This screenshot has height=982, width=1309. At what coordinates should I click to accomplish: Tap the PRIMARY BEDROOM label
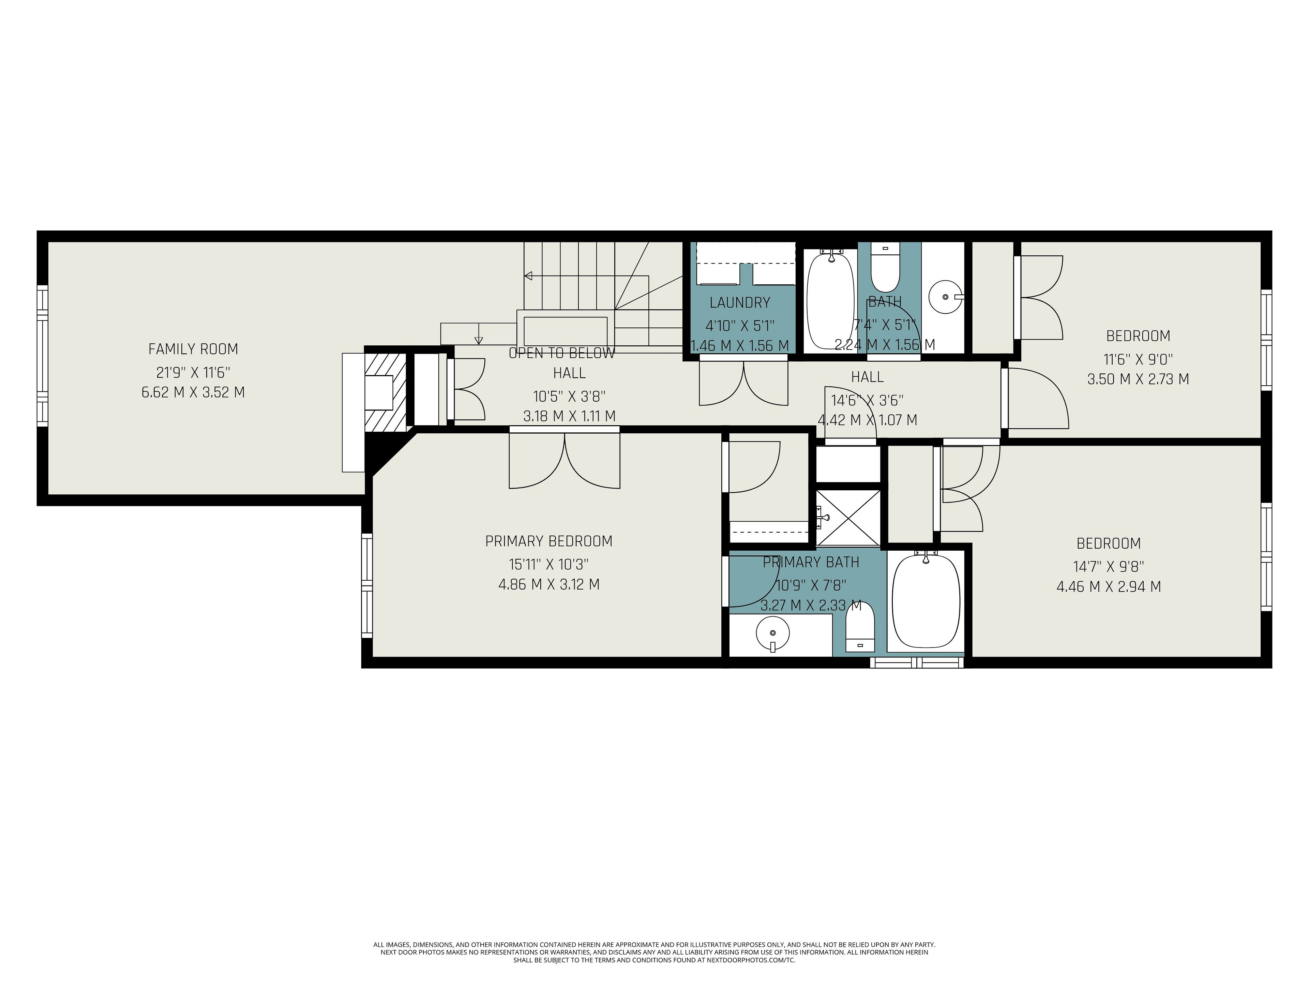tap(548, 541)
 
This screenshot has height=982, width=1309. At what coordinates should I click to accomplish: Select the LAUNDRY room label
tap(740, 302)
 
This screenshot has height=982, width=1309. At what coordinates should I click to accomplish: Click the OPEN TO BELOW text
tap(561, 353)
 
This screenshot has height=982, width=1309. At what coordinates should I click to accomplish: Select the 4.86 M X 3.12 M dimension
tap(548, 584)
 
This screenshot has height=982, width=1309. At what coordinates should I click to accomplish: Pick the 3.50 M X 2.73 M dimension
tap(1138, 379)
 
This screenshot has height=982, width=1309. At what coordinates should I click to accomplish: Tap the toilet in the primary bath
tap(860, 626)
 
